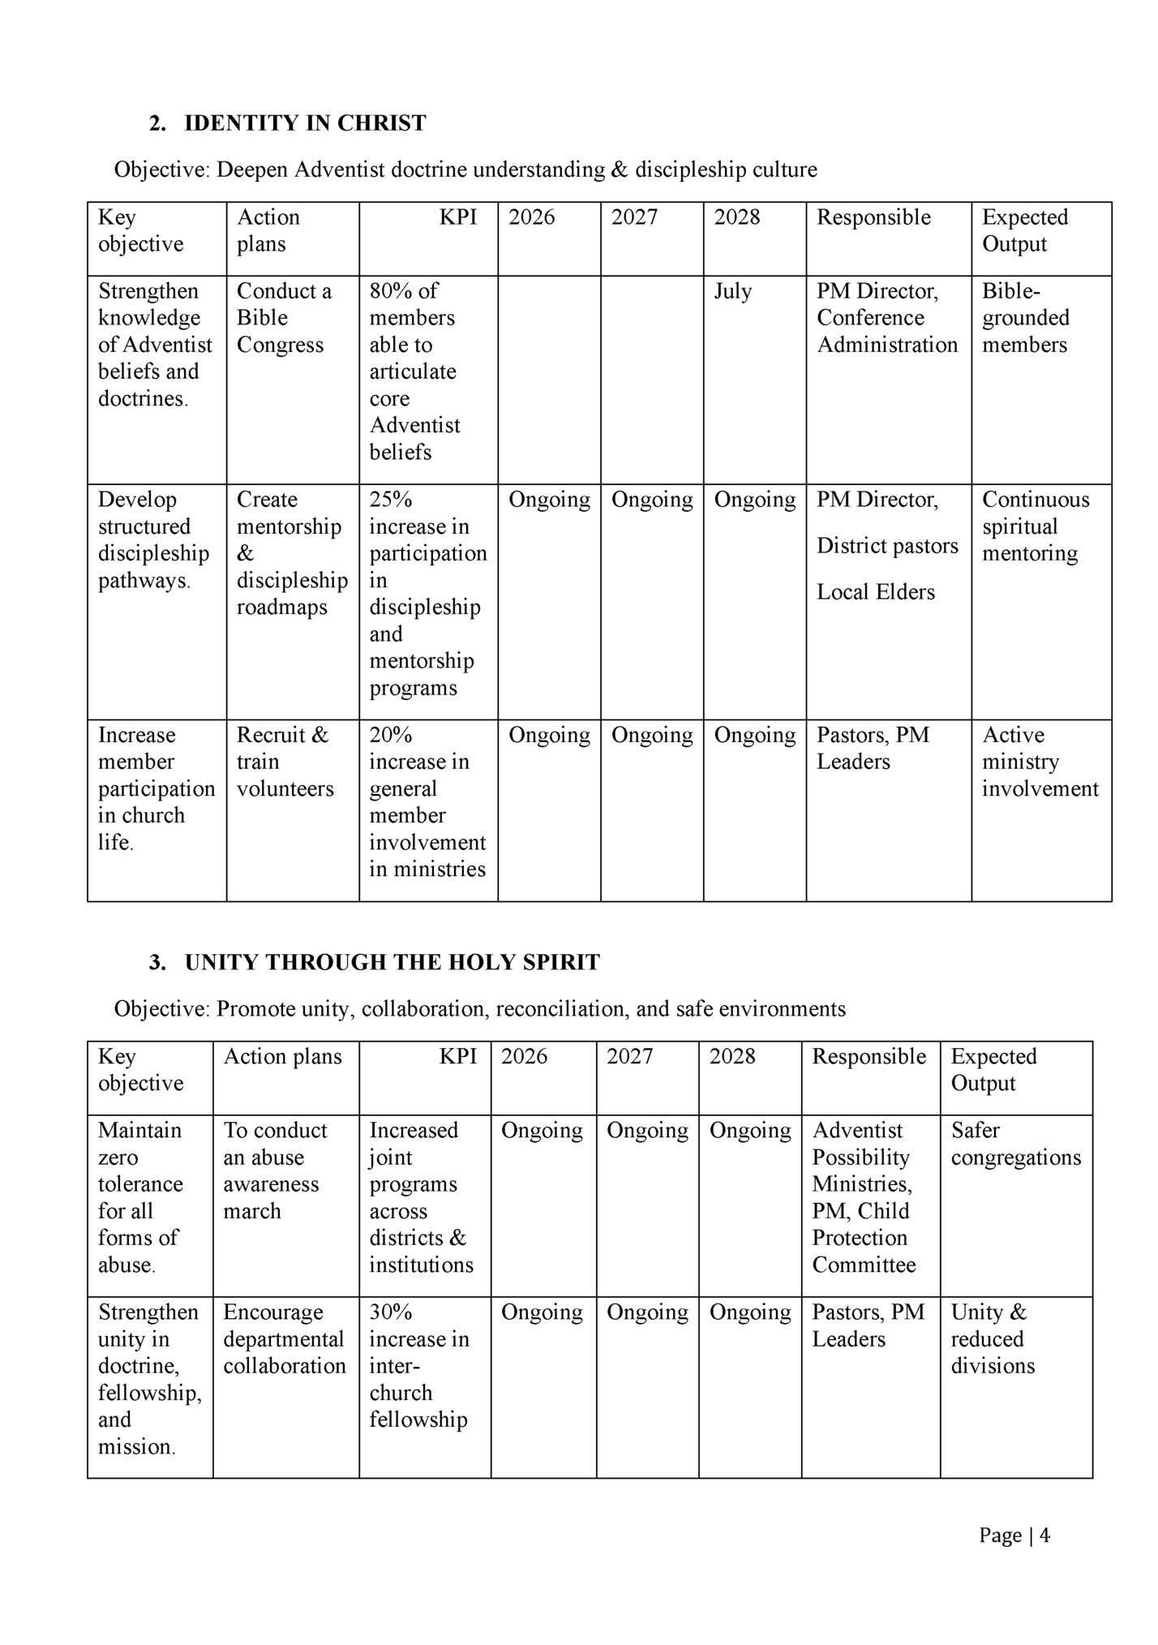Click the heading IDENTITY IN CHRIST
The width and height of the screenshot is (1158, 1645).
pyautogui.click(x=304, y=123)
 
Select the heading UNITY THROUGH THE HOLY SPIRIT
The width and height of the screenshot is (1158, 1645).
pyautogui.click(x=392, y=963)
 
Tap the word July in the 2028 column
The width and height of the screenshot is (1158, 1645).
pyautogui.click(x=732, y=291)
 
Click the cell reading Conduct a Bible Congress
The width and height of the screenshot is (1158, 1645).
pyautogui.click(x=283, y=318)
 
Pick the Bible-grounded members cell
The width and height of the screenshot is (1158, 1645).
pyautogui.click(x=1025, y=318)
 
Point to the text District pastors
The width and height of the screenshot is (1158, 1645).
pyautogui.click(x=887, y=546)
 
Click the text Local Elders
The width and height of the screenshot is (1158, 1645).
pyautogui.click(x=875, y=592)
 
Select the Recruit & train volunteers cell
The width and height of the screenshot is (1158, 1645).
pyautogui.click(x=284, y=762)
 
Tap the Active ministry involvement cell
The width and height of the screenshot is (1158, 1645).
pyautogui.click(x=1040, y=762)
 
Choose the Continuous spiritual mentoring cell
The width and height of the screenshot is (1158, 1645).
pyautogui.click(x=1035, y=526)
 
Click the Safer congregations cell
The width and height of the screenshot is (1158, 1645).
pyautogui.click(x=1015, y=1144)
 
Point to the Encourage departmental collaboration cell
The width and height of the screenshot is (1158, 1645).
pyautogui.click(x=284, y=1338)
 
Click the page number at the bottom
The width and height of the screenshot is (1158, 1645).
pyautogui.click(x=1014, y=1535)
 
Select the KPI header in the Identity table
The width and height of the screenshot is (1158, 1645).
pyautogui.click(x=457, y=217)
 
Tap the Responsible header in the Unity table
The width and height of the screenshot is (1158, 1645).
pyautogui.click(x=868, y=1056)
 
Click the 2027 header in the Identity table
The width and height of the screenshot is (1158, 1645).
pyautogui.click(x=633, y=217)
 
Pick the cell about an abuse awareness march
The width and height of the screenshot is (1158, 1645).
pyautogui.click(x=274, y=1170)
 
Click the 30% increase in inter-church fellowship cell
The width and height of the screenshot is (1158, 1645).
pyautogui.click(x=418, y=1365)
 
